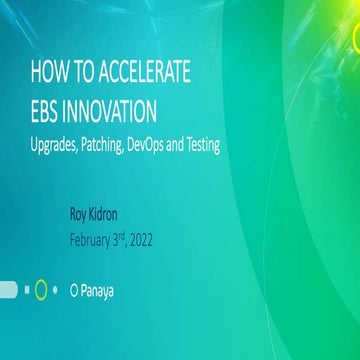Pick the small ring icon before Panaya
coord(74,291)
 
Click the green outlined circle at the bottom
coord(40,291)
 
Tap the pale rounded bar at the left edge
coord(8,291)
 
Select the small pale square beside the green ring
coord(26,291)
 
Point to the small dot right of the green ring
coord(55,291)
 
